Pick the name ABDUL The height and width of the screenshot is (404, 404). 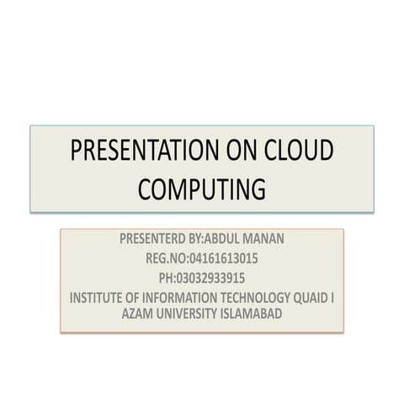[x=231, y=238]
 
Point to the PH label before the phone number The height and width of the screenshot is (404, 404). [x=165, y=277]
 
